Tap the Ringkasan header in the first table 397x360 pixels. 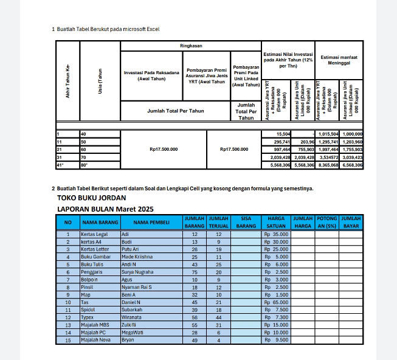click(x=191, y=46)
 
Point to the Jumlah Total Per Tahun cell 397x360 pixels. click(x=176, y=111)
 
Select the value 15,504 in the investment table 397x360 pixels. click(x=283, y=134)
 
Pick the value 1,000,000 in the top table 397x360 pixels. click(x=351, y=134)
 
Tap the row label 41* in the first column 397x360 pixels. click(x=60, y=165)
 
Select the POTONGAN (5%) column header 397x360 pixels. click(x=326, y=222)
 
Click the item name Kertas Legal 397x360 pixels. click(x=94, y=234)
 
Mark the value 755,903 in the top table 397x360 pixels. click(x=303, y=149)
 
